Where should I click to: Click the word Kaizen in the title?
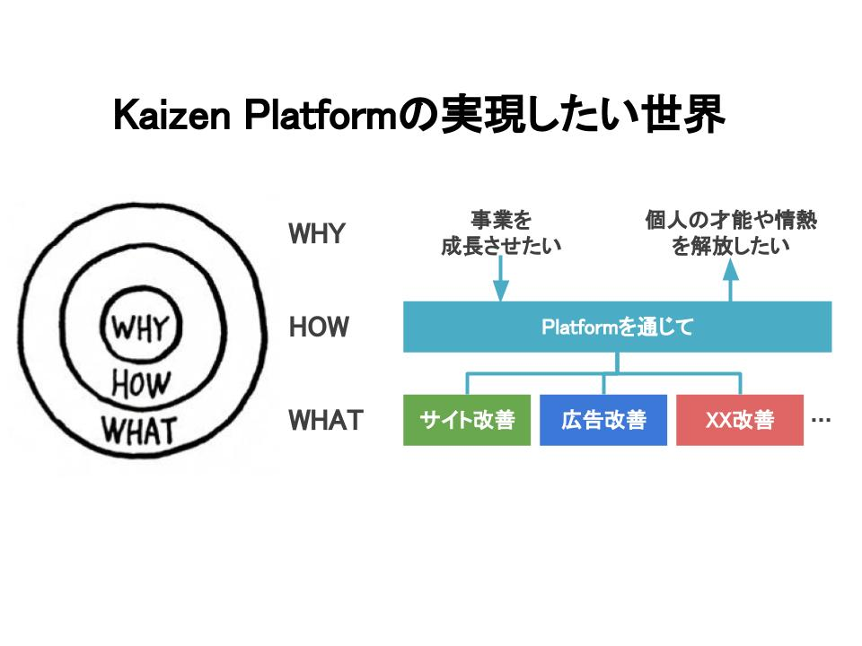tap(172, 116)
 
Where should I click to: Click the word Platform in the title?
tap(320, 116)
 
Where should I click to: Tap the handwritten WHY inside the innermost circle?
tap(140, 328)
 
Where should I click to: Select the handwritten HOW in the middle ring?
tap(141, 383)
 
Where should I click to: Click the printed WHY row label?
tap(317, 233)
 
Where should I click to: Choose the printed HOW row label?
tap(319, 327)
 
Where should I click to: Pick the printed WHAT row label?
tap(326, 420)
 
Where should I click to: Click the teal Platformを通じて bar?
tap(618, 327)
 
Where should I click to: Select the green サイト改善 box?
tap(467, 420)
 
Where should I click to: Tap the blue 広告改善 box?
tap(603, 420)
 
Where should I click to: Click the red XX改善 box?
tap(739, 420)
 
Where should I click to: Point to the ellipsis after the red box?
tap(821, 420)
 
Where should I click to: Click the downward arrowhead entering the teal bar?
tap(500, 291)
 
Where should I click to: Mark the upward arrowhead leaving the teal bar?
tap(730, 270)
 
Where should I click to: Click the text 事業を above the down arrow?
tap(501, 220)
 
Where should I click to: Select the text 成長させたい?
tap(501, 246)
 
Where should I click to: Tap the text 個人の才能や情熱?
tap(731, 220)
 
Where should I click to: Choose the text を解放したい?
tap(731, 246)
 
